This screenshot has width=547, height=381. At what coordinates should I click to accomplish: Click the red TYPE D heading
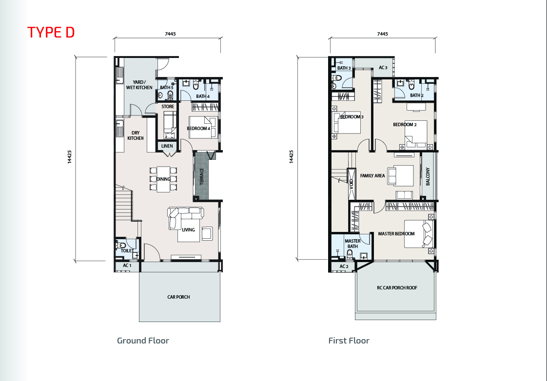(x=51, y=32)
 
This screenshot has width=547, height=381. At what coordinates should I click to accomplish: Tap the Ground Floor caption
(x=143, y=341)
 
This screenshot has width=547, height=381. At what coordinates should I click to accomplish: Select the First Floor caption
(x=349, y=341)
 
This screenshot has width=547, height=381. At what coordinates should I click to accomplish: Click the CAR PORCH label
(x=178, y=297)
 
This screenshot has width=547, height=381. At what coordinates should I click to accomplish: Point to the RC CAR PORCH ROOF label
(x=397, y=287)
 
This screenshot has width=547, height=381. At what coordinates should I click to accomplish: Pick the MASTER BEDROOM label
(x=396, y=233)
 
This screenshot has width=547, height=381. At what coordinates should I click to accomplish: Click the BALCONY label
(x=428, y=176)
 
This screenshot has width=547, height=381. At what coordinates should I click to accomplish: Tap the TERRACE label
(x=201, y=176)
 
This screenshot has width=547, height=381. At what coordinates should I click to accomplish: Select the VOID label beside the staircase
(x=352, y=184)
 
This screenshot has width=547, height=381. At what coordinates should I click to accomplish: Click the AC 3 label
(x=383, y=68)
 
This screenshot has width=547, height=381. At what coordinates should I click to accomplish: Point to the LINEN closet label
(x=167, y=146)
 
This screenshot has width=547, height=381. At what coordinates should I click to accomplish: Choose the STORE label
(x=168, y=107)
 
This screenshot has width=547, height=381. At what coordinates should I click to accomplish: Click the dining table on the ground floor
(x=163, y=179)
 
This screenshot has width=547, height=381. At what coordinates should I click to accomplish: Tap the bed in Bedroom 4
(x=203, y=127)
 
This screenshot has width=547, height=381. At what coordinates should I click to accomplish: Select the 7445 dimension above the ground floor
(x=170, y=34)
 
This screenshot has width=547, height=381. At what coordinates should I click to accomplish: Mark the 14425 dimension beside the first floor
(x=291, y=157)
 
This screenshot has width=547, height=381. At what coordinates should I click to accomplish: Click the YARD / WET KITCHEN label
(x=139, y=85)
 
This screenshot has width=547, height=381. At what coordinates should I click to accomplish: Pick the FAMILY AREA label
(x=372, y=176)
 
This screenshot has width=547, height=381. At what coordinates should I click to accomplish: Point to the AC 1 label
(x=127, y=266)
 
